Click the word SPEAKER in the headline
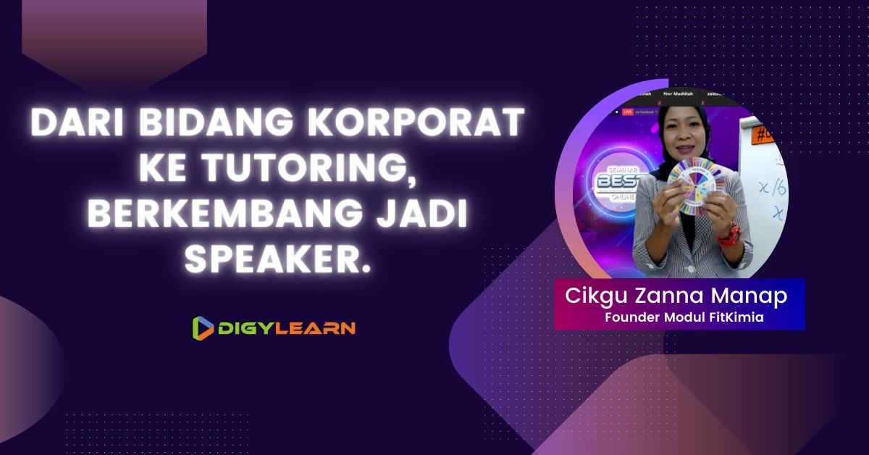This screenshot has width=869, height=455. (x=279, y=258)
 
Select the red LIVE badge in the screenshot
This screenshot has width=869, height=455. (x=627, y=112)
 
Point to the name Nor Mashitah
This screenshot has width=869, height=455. (x=673, y=94)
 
